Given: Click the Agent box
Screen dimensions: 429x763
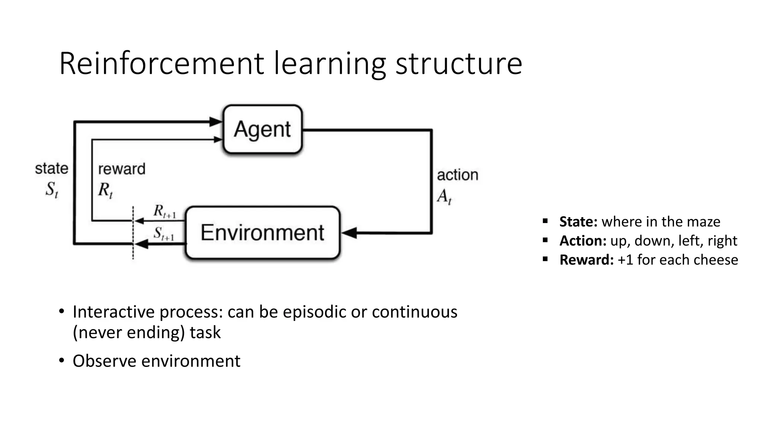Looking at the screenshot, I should tap(263, 129).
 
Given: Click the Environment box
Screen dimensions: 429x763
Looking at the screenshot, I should tap(263, 233).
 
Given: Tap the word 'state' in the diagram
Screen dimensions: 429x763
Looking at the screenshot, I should tap(51, 168).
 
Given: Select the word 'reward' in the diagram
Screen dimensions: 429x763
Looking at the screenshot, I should tap(121, 169).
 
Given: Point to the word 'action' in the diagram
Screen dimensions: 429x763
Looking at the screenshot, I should tap(457, 175).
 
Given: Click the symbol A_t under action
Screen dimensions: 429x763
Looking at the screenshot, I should tap(444, 196).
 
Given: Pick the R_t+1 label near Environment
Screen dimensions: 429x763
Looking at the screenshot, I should tap(164, 211).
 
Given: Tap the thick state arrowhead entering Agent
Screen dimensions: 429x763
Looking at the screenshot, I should tap(215, 122).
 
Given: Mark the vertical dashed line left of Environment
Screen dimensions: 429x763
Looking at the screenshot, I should tap(133, 233).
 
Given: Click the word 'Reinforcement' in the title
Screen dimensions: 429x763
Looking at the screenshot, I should tap(161, 64).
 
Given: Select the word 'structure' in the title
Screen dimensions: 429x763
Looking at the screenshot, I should tap(459, 64).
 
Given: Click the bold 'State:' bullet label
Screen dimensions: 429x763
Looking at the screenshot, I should tap(578, 222).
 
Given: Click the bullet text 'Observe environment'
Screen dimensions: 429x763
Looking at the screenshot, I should tap(156, 361).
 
